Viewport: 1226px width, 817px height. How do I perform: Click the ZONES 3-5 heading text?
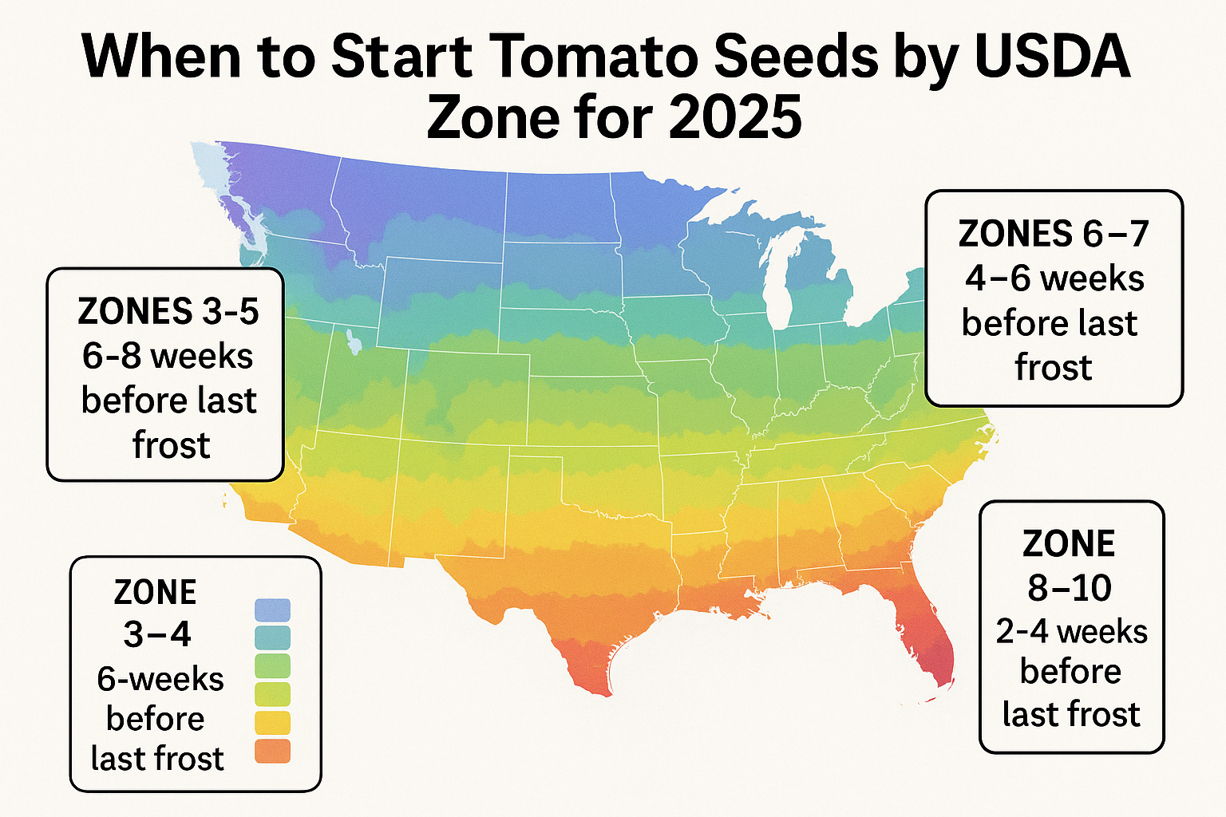click(x=168, y=311)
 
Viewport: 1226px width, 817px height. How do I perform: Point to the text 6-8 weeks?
click(x=168, y=356)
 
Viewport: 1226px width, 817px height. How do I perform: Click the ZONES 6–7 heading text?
click(x=1054, y=234)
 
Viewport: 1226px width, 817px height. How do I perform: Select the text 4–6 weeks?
click(x=1054, y=278)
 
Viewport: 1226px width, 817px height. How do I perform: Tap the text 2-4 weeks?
click(x=1071, y=632)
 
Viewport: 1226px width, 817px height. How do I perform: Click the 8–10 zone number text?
click(x=1070, y=588)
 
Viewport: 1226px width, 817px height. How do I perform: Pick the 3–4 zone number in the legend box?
click(x=157, y=634)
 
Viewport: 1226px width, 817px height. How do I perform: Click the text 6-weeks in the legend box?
click(x=160, y=679)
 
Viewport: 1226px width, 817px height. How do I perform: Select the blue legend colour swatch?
click(x=272, y=611)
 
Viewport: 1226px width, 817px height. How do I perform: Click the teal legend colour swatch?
click(x=272, y=638)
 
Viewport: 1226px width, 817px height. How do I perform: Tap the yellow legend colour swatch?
click(x=272, y=723)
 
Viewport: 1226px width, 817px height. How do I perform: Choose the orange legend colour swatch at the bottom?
click(x=272, y=751)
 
